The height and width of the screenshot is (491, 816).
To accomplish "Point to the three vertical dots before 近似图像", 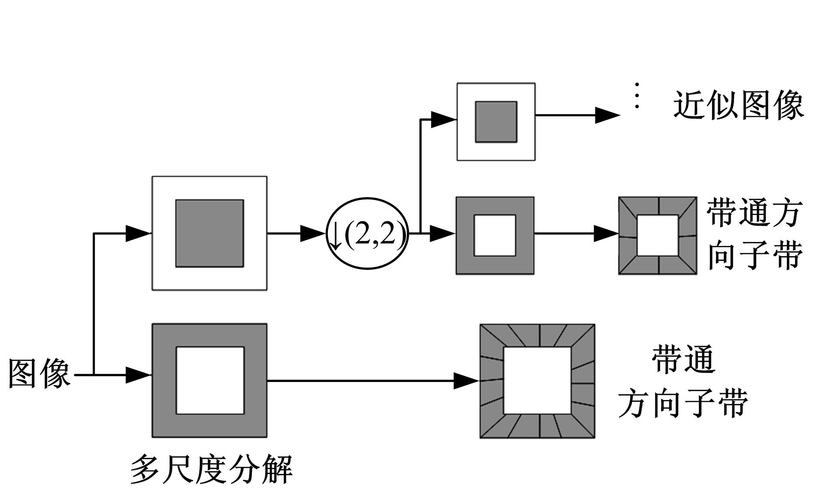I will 637,96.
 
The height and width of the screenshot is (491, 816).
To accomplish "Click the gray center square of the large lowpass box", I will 209,233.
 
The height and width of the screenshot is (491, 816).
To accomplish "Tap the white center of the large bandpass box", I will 210,381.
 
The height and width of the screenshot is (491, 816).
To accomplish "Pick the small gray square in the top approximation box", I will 496,122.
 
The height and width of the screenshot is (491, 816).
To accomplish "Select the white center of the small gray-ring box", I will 494,236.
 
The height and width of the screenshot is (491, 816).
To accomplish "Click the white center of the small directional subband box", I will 657,236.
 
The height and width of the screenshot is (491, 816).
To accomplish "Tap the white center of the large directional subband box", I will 537,381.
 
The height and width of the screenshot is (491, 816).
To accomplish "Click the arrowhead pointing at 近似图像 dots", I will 607,115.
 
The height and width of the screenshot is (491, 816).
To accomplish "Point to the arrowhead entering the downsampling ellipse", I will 312,233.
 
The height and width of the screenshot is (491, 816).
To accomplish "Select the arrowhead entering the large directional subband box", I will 466,381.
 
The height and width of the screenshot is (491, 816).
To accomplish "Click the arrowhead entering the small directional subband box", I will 606,233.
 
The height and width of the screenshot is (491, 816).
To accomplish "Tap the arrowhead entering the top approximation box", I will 443,119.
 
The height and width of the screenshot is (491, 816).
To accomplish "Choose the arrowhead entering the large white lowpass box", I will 138,233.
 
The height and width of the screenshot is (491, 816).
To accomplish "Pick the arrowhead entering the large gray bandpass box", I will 138,375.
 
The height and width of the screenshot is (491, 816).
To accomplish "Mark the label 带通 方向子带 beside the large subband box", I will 683,382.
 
